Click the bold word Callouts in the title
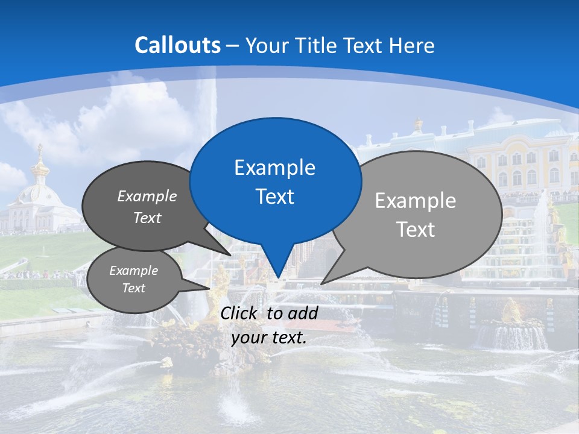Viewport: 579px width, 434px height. tap(177, 45)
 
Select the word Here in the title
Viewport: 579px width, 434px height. tap(413, 45)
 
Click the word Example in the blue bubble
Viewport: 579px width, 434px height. tap(274, 168)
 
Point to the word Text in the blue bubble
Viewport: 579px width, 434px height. tap(274, 197)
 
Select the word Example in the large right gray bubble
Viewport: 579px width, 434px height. tap(416, 201)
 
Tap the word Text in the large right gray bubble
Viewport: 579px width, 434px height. tap(416, 230)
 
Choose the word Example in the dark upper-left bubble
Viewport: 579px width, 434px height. tap(147, 196)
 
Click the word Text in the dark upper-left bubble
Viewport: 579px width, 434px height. tap(147, 218)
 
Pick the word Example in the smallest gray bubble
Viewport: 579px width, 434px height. tap(134, 271)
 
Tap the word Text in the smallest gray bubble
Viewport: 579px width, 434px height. tap(134, 288)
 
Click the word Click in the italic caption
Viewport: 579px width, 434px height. tap(239, 313)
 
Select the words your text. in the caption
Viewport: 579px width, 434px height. tap(269, 338)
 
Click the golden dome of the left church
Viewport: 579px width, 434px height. tap(40, 168)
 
